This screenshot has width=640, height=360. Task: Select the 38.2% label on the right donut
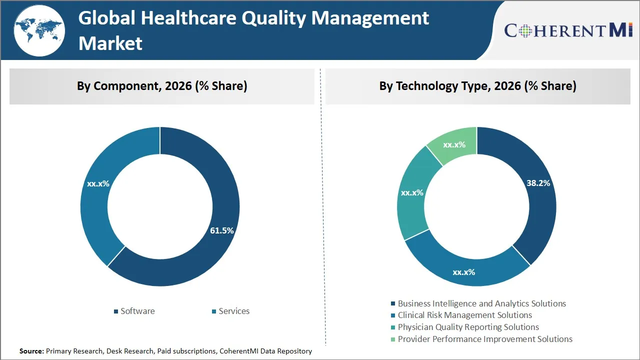[x=538, y=183]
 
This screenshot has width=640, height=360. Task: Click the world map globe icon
[x=39, y=31]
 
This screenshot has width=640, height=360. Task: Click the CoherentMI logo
[x=568, y=30]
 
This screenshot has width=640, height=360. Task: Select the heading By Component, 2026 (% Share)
[x=162, y=86]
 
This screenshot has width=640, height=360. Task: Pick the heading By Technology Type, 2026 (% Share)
[x=477, y=86]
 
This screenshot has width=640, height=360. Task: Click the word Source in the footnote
[x=31, y=351]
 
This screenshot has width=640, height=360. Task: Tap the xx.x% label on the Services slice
[x=98, y=183]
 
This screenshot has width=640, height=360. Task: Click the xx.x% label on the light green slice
[x=454, y=145]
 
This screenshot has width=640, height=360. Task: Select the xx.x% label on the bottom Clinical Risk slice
[x=463, y=272]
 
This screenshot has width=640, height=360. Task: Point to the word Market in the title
[x=110, y=43]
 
